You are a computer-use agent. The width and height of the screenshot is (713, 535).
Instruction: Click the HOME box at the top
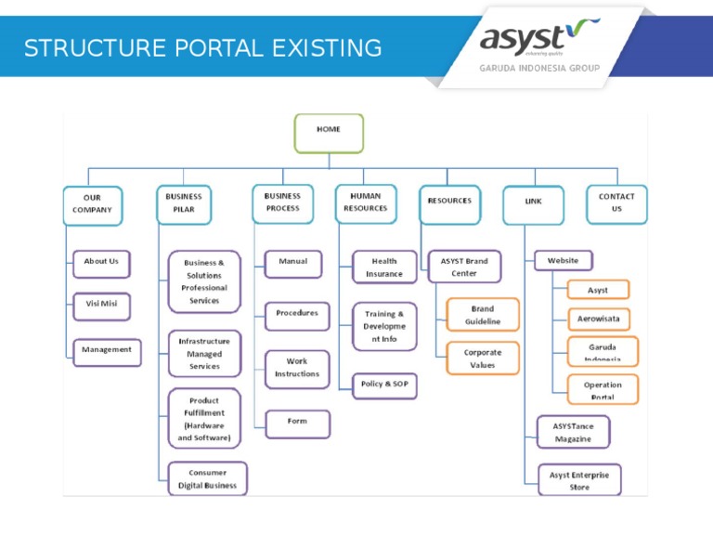coord(329,132)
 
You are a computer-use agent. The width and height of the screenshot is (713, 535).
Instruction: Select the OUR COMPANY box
coord(92,204)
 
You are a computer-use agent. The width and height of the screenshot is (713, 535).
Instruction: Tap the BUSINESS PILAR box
coord(184,203)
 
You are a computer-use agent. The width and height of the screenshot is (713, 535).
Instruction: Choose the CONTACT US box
coord(616,202)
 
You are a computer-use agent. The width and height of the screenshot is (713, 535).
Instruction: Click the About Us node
coord(101,263)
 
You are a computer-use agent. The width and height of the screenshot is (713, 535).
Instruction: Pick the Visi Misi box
coord(101,305)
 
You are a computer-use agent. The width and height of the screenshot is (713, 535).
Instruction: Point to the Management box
coord(107,351)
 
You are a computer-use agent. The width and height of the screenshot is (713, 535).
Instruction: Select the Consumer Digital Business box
coord(207,479)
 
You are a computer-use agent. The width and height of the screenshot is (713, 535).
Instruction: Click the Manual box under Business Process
coord(293,263)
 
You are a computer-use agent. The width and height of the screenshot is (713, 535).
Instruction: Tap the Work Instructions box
coord(297,369)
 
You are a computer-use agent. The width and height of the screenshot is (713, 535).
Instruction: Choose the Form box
coord(297,423)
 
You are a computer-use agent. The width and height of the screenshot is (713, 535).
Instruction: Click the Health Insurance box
coord(384,268)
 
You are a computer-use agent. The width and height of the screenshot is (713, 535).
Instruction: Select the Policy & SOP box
coord(384,385)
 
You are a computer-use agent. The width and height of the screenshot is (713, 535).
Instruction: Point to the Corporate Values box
coord(483,359)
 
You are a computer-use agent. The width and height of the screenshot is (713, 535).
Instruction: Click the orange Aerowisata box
coord(598,319)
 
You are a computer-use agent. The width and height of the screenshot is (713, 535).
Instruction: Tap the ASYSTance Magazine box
coord(573,433)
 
